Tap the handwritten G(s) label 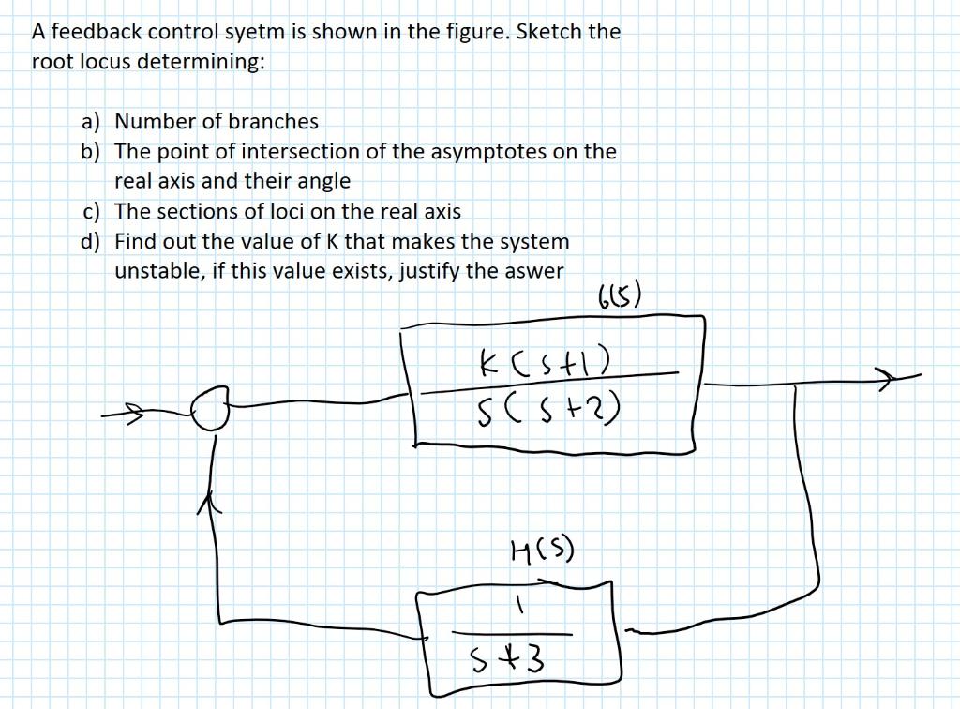pyautogui.click(x=619, y=300)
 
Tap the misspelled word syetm pyautogui.click(x=257, y=32)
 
